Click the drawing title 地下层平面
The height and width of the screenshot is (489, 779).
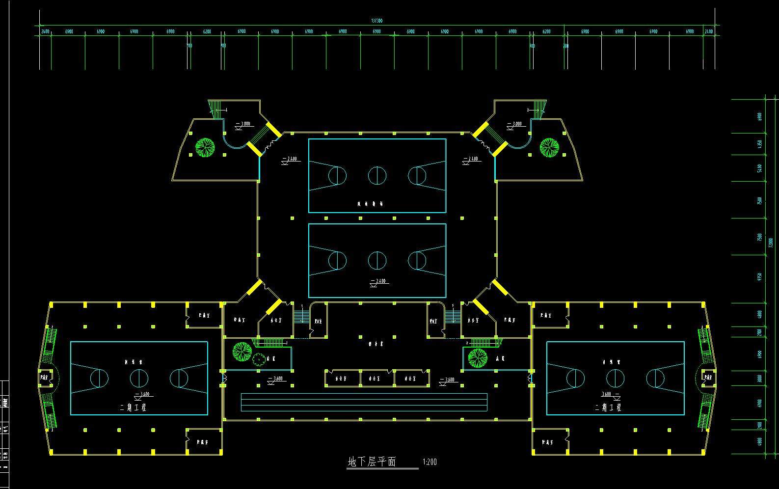(372, 462)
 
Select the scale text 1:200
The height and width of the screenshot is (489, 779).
(430, 462)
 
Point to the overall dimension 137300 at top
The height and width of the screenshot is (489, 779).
(376, 21)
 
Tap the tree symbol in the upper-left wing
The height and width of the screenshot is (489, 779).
(205, 147)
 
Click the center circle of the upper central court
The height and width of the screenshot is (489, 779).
(377, 175)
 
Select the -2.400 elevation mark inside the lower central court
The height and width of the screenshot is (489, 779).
(378, 282)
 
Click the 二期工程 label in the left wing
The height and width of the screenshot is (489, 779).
(133, 407)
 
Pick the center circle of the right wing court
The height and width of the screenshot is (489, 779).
(615, 378)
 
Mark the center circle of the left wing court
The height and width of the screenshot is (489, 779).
(139, 378)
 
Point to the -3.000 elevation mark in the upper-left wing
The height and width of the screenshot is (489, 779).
(243, 124)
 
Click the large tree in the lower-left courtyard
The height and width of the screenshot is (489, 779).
(242, 352)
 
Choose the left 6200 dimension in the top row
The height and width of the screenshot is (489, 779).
(207, 31)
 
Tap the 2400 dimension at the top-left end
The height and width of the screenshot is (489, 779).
(45, 31)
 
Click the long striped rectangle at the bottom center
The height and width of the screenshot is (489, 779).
(364, 402)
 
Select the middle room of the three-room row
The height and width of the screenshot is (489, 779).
(377, 379)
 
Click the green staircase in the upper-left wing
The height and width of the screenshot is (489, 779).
(215, 108)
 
